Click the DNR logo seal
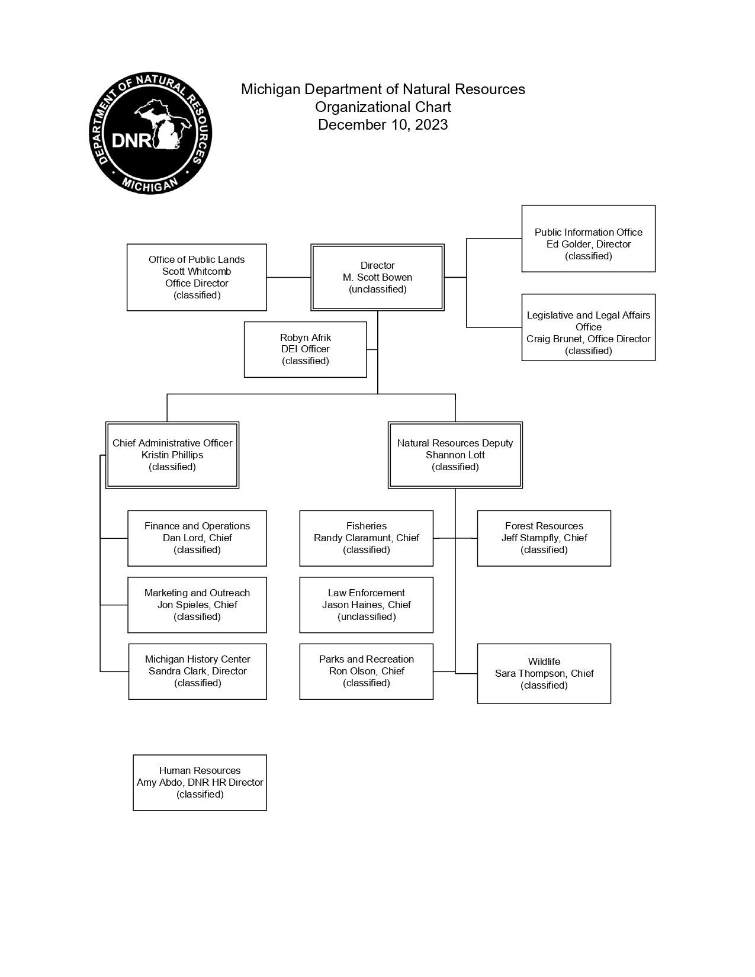[x=150, y=133]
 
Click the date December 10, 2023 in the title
[x=383, y=124]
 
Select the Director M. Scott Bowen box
[x=377, y=277]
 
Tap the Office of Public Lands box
[x=197, y=277]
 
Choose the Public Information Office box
[x=588, y=238]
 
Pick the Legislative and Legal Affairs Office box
[x=588, y=327]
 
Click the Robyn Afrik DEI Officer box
[x=306, y=349]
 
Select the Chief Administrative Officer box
[x=172, y=455]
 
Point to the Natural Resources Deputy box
[x=455, y=455]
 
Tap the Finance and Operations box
[x=197, y=538]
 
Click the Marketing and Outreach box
[x=197, y=605]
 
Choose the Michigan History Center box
[x=197, y=671]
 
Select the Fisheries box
[x=367, y=538]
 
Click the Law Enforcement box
[x=367, y=605]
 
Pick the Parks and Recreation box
[x=367, y=671]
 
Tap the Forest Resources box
[x=544, y=538]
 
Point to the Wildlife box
[x=544, y=673]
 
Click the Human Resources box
[x=200, y=783]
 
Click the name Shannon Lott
[x=455, y=455]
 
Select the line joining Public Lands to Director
[x=289, y=277]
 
